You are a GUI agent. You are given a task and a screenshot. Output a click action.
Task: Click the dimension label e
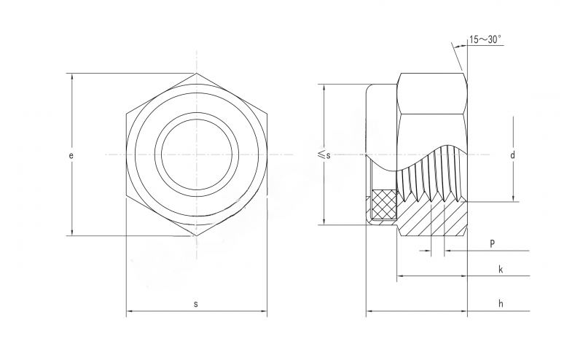[x=71, y=155]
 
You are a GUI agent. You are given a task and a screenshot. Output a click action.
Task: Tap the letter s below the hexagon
[x=196, y=304]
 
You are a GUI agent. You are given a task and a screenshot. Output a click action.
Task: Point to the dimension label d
[x=512, y=154]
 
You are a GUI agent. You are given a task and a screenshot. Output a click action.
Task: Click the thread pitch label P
[x=493, y=243]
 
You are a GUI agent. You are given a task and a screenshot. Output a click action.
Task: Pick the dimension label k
[x=501, y=269]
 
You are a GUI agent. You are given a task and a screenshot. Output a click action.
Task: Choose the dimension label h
[x=501, y=303]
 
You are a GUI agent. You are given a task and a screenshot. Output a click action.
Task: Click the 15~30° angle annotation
[x=485, y=39]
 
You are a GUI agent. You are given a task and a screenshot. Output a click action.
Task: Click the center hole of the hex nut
[x=196, y=154]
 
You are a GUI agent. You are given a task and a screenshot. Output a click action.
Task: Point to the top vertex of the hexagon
[x=196, y=74]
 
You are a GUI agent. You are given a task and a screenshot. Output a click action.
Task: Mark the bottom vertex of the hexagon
[x=196, y=235]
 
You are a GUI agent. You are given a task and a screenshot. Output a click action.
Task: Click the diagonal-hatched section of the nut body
[x=433, y=219]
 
